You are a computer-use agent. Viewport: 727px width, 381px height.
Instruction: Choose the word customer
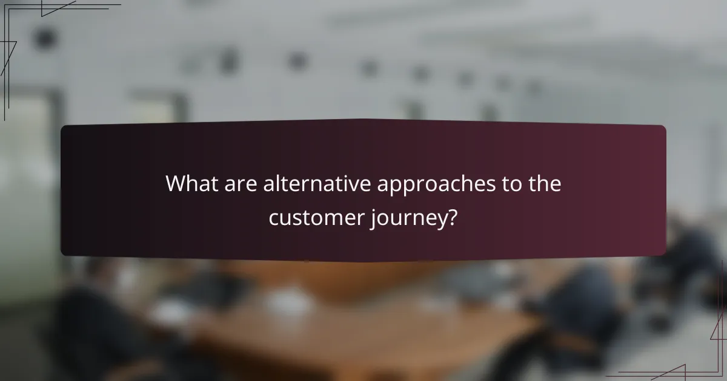point(316,217)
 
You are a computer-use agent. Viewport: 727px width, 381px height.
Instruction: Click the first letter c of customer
point(274,218)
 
